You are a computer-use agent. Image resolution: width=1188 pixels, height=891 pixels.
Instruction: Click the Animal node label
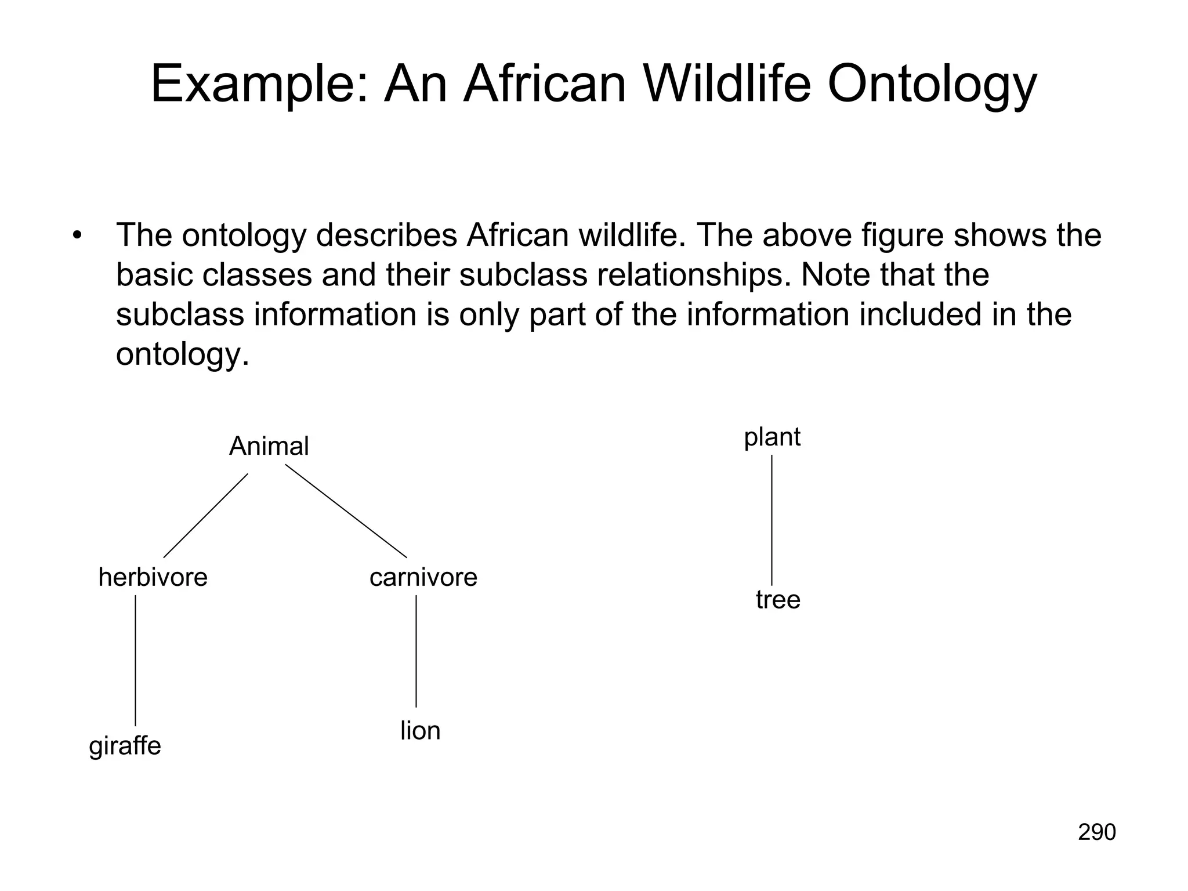pos(269,447)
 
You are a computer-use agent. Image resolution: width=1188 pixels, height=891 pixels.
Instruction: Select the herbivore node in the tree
pos(153,578)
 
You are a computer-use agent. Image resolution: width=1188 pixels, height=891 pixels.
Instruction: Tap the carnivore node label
pos(423,578)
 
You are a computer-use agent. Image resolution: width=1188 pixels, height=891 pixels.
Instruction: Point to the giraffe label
pos(125,746)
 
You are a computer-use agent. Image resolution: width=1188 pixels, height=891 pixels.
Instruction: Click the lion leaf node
pos(420,731)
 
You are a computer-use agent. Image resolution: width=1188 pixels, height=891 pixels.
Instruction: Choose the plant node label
pos(772,437)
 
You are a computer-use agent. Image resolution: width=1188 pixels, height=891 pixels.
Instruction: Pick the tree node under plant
pos(778,600)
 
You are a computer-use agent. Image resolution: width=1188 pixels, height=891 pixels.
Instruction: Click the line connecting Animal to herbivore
pos(206,515)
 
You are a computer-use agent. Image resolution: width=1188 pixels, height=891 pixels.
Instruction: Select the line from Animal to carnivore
pos(346,515)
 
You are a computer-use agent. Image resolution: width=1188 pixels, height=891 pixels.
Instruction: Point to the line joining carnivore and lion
pos(416,651)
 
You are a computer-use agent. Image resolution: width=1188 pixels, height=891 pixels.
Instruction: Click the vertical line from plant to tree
pos(772,520)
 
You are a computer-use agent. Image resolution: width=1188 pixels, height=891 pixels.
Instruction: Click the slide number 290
pos(1096,832)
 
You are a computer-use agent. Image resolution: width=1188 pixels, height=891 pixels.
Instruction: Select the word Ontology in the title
pos(932,85)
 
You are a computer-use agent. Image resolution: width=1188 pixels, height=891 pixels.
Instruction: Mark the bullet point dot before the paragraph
pos(77,236)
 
